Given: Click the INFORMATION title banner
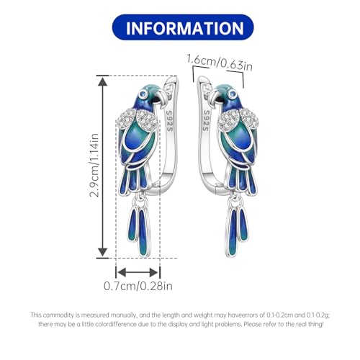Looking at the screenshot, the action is [x=183, y=27].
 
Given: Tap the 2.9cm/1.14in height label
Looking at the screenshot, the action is [x=94, y=166].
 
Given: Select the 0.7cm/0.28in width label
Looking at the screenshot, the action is [x=138, y=286].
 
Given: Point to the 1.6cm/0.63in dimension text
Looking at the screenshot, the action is [x=220, y=63].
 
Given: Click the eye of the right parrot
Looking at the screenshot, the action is [x=232, y=94].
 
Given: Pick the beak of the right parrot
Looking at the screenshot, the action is [x=214, y=97].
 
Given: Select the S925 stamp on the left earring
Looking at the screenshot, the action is [x=170, y=121].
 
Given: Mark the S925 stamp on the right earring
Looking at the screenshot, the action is [x=206, y=121].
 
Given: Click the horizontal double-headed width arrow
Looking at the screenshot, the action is [x=138, y=272].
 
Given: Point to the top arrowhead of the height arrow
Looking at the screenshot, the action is [x=103, y=82].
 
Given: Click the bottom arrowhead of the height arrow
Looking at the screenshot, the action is [x=103, y=252].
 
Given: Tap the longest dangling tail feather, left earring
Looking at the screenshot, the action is [x=144, y=233].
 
